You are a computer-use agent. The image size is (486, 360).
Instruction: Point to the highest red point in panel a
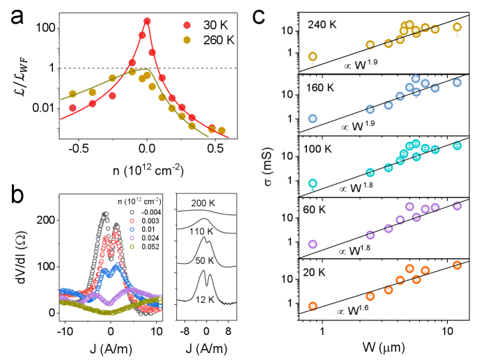[147, 22]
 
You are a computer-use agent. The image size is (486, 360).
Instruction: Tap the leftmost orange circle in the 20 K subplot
[313, 306]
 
